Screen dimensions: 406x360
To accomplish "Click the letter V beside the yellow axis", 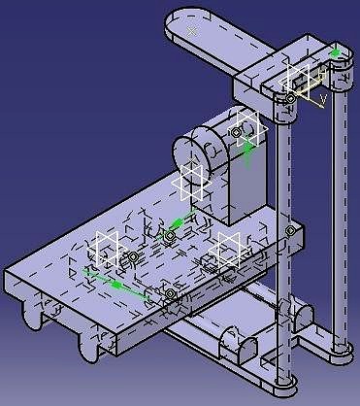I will point(322,97).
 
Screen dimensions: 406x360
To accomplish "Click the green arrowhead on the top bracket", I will point(337,51).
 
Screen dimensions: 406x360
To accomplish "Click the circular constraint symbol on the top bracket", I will point(290,98).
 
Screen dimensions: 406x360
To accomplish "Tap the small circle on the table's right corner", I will point(289,230).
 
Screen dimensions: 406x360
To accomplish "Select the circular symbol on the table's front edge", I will point(170,293).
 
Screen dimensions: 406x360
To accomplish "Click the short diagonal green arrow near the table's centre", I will point(182,221).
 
